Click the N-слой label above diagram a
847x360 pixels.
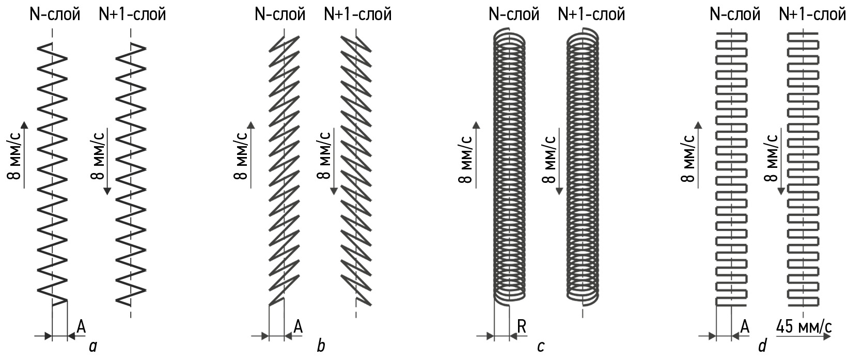click(55, 14)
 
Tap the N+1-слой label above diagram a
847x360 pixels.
click(133, 14)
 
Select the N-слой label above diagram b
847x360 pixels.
click(280, 14)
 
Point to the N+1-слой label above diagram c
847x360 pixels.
click(591, 14)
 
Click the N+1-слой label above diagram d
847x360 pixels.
click(812, 14)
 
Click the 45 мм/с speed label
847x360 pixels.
click(804, 326)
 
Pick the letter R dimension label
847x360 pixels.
click(522, 326)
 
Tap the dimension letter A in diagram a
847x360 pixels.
click(81, 326)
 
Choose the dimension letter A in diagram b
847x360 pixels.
click(298, 326)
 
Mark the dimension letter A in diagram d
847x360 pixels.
click(745, 326)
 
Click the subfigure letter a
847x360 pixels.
click(93, 346)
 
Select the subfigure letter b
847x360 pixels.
click(321, 346)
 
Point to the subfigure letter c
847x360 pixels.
click(540, 346)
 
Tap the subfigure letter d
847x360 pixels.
click(763, 346)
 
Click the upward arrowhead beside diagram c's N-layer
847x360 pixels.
click(476, 126)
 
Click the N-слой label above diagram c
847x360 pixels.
click(514, 14)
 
